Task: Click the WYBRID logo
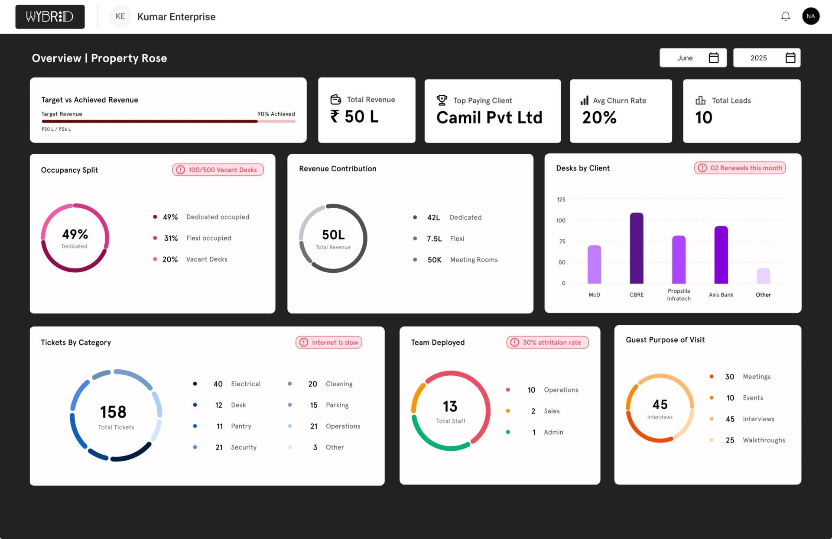coord(50,17)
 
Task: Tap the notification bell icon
coord(785,16)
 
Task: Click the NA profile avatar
coord(810,16)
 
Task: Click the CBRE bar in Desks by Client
coord(636,249)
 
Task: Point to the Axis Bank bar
coord(721,255)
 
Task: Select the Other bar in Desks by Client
coord(763,276)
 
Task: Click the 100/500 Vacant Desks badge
coord(218,170)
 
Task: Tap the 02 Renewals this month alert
coord(740,168)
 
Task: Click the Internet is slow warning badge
coord(329,342)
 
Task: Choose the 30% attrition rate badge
coord(547,342)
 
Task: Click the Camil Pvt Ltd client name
coord(489,117)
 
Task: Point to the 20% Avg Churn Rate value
coord(599,117)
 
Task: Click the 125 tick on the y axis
coord(561,200)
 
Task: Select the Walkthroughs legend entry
coord(764,440)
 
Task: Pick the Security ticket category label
coord(244,448)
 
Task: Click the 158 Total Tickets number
coord(113,412)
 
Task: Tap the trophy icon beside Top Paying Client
coord(442,100)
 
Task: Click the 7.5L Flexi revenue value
coord(434,239)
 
